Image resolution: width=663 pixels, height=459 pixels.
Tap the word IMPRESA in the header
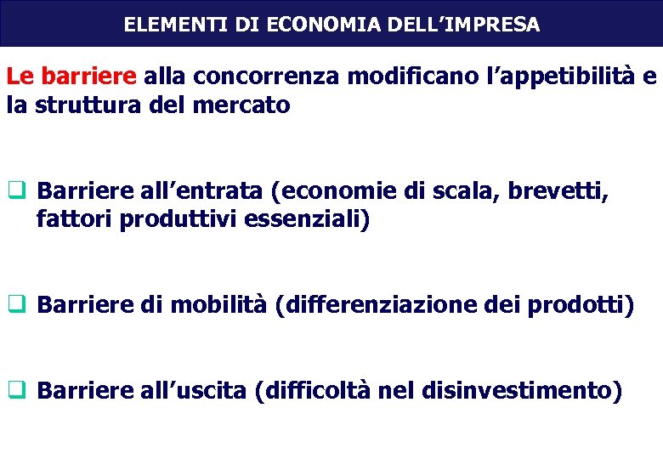[498, 25]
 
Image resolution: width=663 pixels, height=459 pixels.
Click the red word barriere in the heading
[94, 77]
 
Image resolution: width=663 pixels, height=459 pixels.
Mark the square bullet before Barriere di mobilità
[16, 304]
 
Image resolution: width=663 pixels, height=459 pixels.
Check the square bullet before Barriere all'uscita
[16, 391]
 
